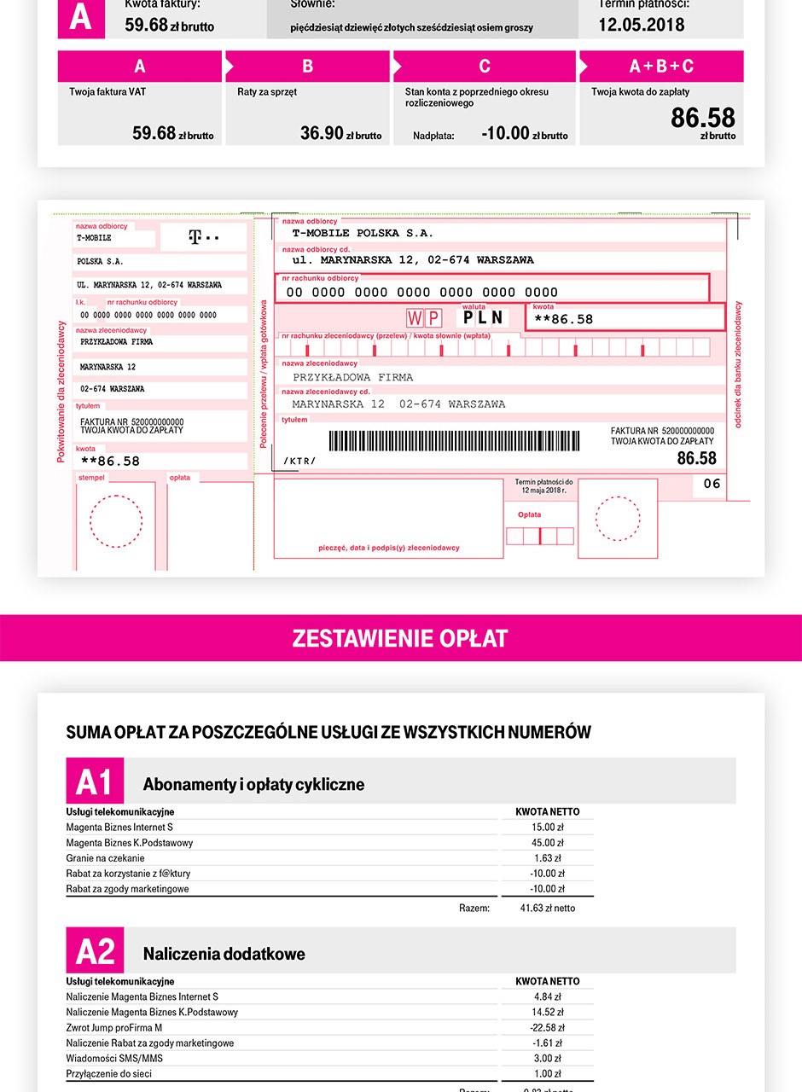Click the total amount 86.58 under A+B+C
pos(702,118)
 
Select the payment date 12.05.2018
pos(641,24)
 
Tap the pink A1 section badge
pos(95,781)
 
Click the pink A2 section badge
pos(95,950)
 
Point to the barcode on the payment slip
pos(454,440)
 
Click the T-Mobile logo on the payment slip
pos(203,236)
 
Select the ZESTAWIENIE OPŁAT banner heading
pos(400,638)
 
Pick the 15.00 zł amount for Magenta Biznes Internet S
pos(548,828)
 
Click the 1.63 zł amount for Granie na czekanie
pos(548,858)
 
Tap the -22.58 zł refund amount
pos(548,1028)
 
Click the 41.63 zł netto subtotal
pos(548,908)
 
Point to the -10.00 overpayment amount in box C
pos(506,133)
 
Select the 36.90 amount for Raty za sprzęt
pos(323,133)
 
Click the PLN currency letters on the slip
pos(484,318)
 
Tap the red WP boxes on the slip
pos(424,318)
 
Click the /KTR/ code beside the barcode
pos(299,462)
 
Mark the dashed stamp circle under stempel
pos(116,521)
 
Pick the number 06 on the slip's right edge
pos(712,484)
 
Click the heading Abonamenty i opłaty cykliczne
pos(253,784)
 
